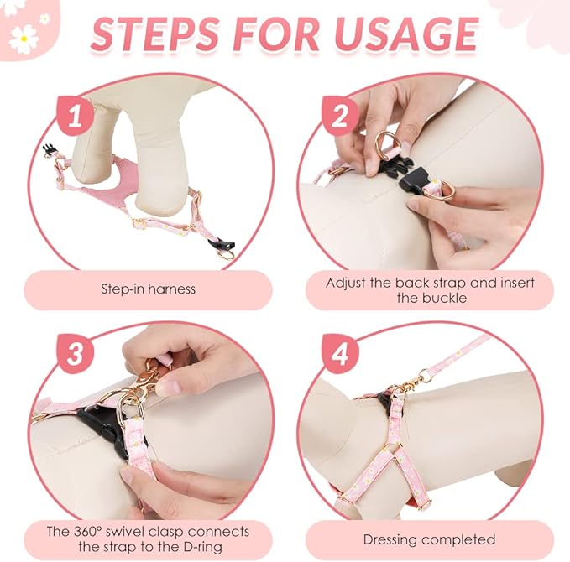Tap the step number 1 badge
point(76,116)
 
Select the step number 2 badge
point(340,116)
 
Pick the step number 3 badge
point(76,353)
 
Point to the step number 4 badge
point(340,353)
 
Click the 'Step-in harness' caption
point(148,289)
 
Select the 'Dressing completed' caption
point(429,539)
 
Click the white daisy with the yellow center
point(24,39)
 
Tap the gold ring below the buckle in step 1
point(227,254)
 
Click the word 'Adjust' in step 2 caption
point(346,283)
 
